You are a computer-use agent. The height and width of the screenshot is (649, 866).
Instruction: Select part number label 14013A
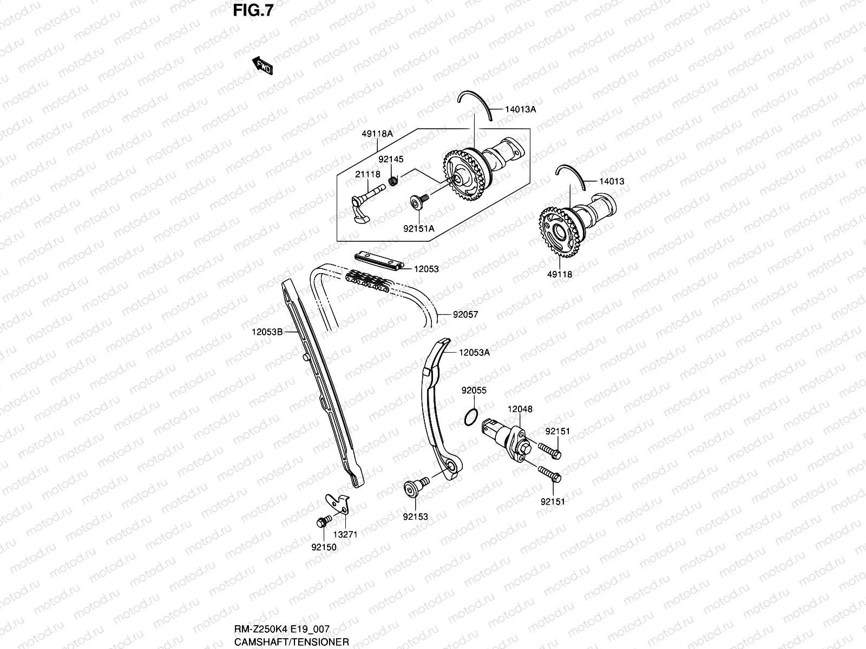click(x=520, y=109)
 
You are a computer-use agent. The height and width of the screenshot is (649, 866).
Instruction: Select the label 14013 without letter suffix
click(x=611, y=182)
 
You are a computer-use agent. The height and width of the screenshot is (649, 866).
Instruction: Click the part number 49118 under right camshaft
click(x=560, y=274)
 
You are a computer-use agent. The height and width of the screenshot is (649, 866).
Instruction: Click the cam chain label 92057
click(x=465, y=314)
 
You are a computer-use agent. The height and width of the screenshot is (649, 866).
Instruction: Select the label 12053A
click(x=474, y=353)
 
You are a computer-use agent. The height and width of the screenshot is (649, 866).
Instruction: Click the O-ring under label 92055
click(x=471, y=417)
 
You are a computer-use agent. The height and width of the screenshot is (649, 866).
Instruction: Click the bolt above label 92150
click(x=322, y=522)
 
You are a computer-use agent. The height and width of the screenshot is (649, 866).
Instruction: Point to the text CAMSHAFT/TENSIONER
click(x=291, y=643)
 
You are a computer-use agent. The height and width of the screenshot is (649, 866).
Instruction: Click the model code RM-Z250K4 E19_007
click(x=281, y=629)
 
